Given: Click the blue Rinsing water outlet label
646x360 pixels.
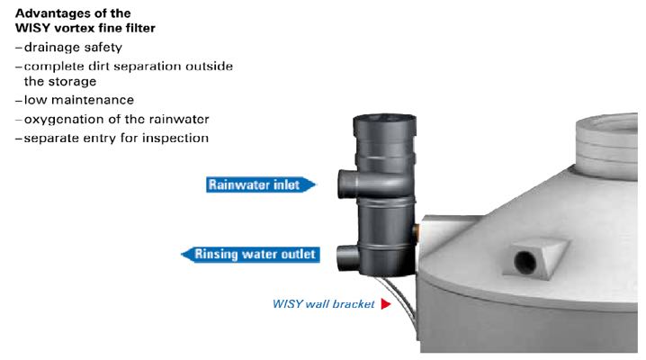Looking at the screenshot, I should [x=251, y=255].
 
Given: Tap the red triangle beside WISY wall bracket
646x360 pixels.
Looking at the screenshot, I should [x=386, y=304].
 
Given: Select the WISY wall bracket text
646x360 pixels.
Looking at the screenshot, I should [x=323, y=304].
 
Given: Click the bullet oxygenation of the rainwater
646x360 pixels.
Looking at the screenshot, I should [x=104, y=120].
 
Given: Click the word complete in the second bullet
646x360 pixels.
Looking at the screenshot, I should [x=53, y=66].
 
